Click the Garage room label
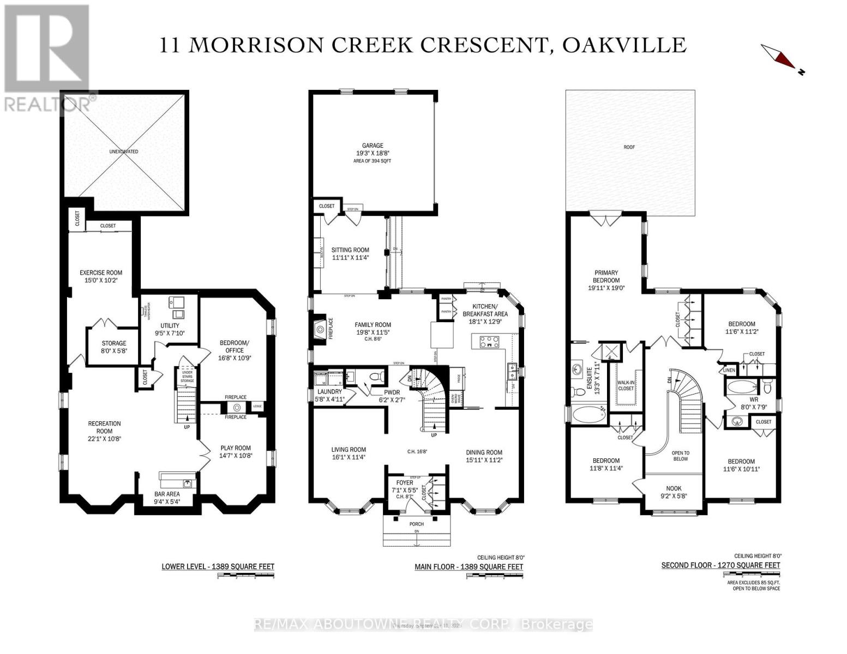[373, 146]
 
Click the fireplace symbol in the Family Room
[318, 329]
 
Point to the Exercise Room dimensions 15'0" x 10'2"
[101, 280]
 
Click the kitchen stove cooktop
[489, 342]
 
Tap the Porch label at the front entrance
[417, 524]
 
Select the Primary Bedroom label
[606, 276]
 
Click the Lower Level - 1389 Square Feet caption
[218, 567]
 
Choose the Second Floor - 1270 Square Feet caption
[720, 565]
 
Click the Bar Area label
[167, 495]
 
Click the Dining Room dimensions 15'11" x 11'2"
[484, 460]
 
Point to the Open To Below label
[680, 456]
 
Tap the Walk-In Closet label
[626, 385]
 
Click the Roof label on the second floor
[630, 147]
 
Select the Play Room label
[236, 448]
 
